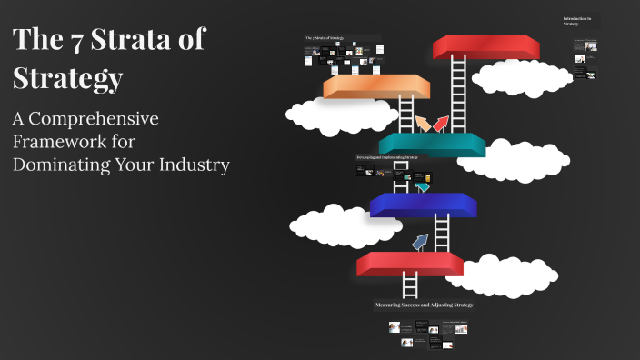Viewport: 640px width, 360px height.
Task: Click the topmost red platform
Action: click(x=485, y=46)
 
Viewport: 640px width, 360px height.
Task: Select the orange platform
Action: click(x=375, y=86)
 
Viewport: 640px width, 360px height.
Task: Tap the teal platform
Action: click(x=432, y=144)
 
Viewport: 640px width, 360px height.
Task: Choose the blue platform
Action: click(x=424, y=205)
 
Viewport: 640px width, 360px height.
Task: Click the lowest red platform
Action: click(x=409, y=264)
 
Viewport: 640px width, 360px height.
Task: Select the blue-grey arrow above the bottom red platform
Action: click(x=419, y=241)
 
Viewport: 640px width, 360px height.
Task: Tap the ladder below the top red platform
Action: click(x=458, y=91)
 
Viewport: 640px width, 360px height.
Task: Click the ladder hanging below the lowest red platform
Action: click(x=410, y=285)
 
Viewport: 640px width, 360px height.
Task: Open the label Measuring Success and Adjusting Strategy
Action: click(x=424, y=305)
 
